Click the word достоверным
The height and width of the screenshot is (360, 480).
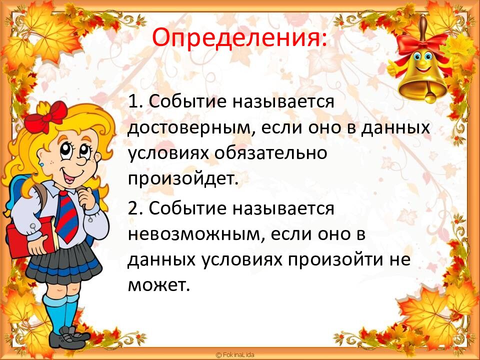pos(189,128)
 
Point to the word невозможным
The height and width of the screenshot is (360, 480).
pos(190,233)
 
